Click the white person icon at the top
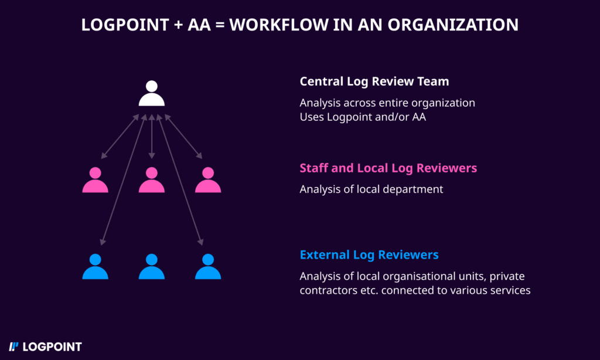point(152,94)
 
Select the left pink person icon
point(96,181)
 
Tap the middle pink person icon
point(152,181)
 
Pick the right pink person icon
point(208,181)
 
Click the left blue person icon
point(96,267)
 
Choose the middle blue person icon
point(152,267)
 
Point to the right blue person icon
point(208,267)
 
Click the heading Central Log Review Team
point(374,81)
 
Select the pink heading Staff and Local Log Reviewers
point(388,168)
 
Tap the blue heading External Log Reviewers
point(369,255)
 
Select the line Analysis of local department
point(371,189)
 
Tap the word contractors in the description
point(326,290)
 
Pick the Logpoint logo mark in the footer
point(13,347)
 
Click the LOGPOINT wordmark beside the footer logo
point(52,347)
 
